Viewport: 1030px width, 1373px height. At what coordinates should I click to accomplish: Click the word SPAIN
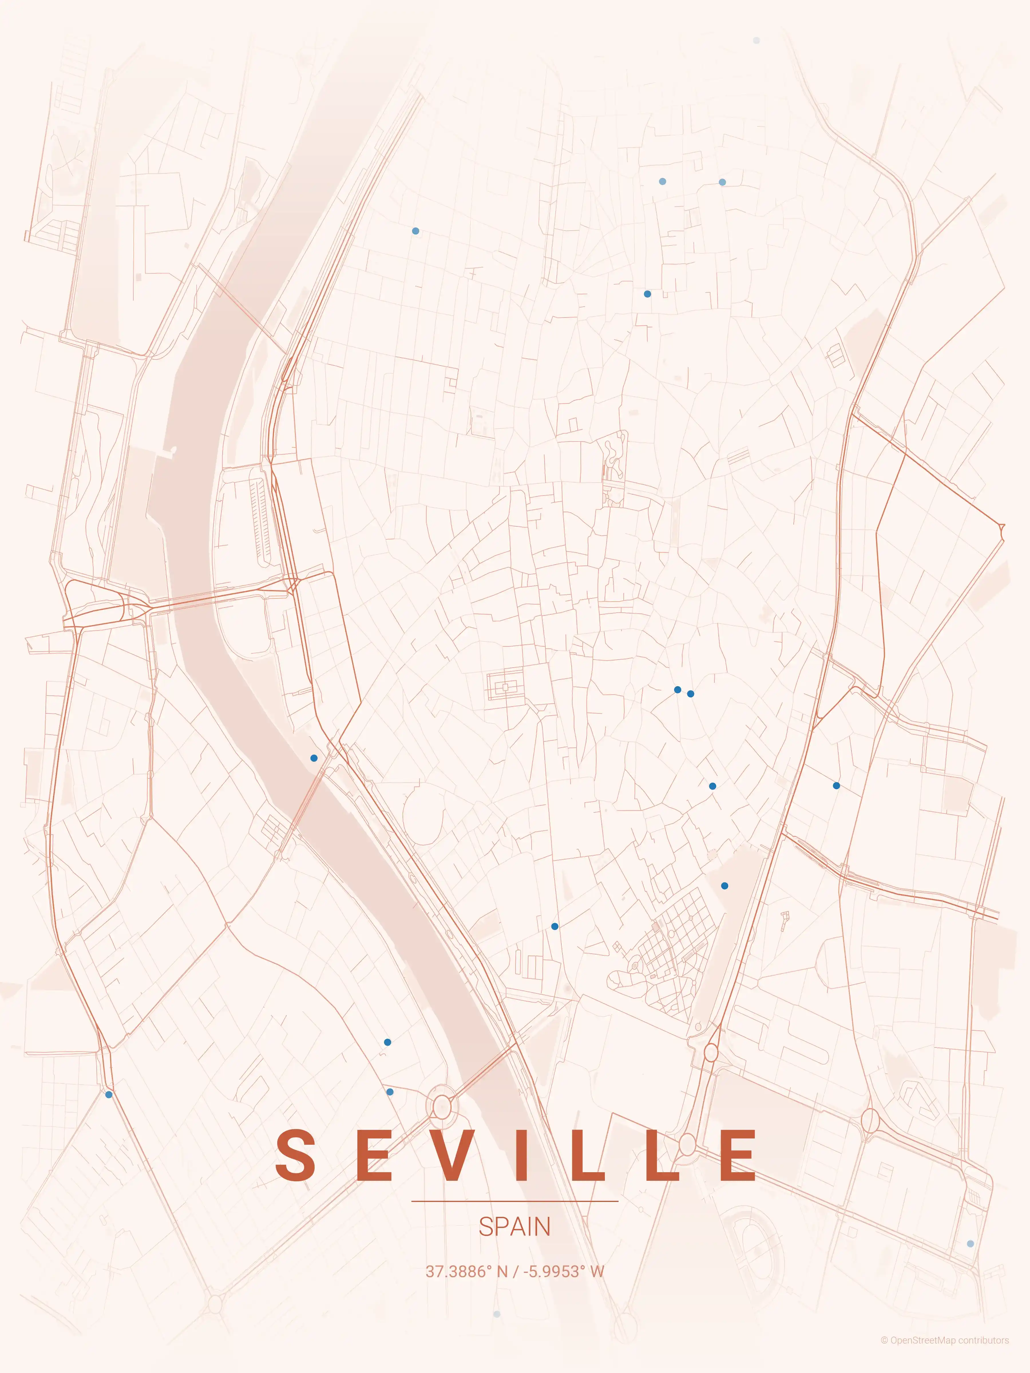pyautogui.click(x=515, y=1227)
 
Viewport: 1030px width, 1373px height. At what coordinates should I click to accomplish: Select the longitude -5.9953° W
pyautogui.click(x=563, y=1271)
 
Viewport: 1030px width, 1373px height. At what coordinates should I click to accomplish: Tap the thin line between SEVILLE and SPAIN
pyautogui.click(x=515, y=1201)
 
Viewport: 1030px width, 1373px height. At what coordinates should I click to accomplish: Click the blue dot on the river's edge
pyautogui.click(x=314, y=758)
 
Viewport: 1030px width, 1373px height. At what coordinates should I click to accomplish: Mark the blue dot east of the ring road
pyautogui.click(x=836, y=786)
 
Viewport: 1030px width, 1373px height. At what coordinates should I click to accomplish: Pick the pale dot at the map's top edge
pyautogui.click(x=756, y=40)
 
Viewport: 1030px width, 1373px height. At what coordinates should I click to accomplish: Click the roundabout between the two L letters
pyautogui.click(x=687, y=1143)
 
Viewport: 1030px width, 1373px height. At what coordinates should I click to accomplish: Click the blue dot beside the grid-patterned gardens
pyautogui.click(x=724, y=886)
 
